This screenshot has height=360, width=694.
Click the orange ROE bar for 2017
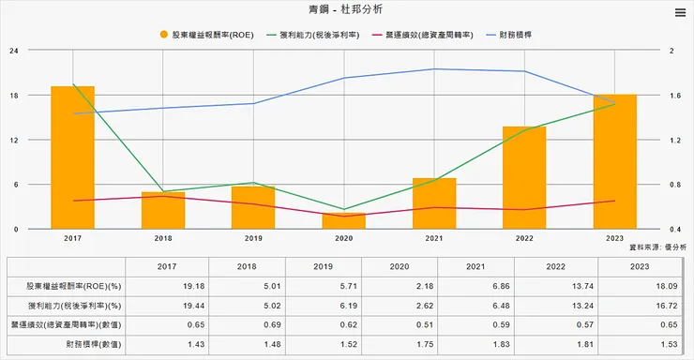coord(72,157)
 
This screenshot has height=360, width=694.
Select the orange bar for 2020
coord(343,221)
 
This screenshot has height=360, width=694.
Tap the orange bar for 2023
coord(615,161)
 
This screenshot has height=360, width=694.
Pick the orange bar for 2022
coord(524,177)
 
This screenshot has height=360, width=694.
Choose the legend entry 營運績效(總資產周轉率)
coord(421,34)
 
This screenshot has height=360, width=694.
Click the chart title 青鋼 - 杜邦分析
coord(346,10)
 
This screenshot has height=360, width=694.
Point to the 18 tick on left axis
coord(15,95)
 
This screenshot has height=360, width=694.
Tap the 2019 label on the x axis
coord(253,239)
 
